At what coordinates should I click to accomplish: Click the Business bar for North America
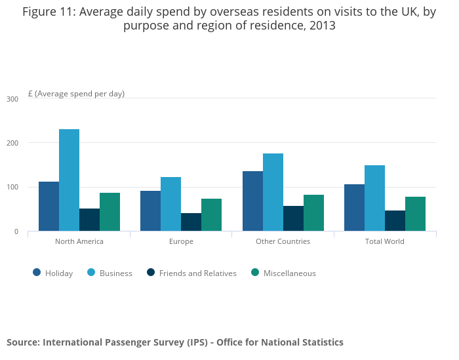click(69, 180)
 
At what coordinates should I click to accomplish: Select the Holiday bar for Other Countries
click(252, 201)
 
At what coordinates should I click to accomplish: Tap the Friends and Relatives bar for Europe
click(191, 222)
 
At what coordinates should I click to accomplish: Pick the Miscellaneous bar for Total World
click(415, 214)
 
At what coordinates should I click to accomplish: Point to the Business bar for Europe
click(170, 204)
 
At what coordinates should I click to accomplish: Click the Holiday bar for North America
click(49, 207)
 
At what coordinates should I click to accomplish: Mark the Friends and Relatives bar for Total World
click(395, 221)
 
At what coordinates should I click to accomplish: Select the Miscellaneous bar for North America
click(110, 212)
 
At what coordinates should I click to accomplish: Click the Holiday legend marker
click(37, 273)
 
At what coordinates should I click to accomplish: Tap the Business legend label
click(116, 273)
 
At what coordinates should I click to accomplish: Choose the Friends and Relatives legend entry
click(197, 273)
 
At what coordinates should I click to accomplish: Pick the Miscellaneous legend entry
click(289, 273)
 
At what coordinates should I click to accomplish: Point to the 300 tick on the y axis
click(12, 99)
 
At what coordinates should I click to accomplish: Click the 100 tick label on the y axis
click(12, 188)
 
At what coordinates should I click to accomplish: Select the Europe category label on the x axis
click(181, 241)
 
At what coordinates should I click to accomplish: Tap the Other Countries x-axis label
click(283, 241)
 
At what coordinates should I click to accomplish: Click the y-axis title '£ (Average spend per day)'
click(76, 94)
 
